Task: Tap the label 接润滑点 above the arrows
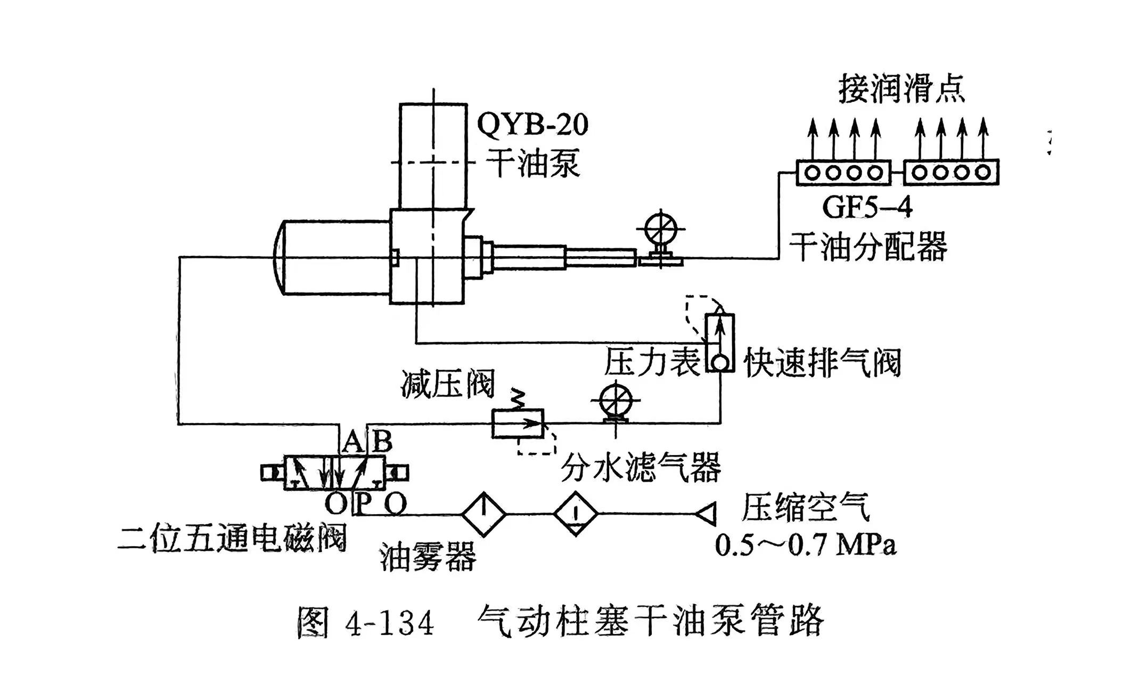[x=901, y=90]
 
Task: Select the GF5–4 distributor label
[x=867, y=207]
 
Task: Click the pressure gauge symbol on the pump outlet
[x=661, y=231]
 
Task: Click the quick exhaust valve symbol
[x=720, y=343]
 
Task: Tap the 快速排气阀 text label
[x=822, y=362]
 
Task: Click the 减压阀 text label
[x=448, y=384]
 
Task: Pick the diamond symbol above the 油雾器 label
[x=483, y=514]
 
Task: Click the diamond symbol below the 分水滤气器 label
[x=576, y=514]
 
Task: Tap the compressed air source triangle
[x=707, y=514]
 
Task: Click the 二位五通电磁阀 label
[x=232, y=538]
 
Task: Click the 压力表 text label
[x=651, y=362]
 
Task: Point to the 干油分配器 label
[x=867, y=246]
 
